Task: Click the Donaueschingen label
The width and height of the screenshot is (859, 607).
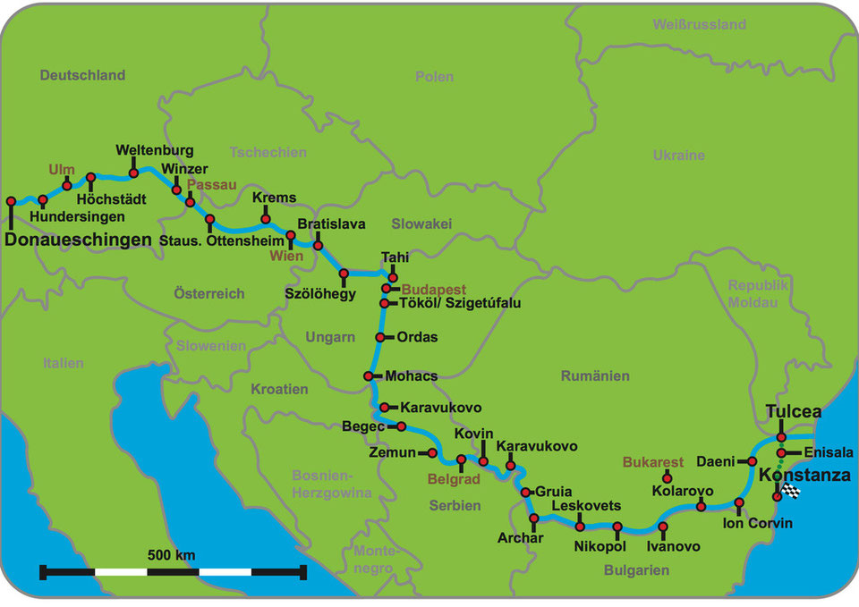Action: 78,240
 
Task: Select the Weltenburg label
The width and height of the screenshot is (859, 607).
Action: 154,150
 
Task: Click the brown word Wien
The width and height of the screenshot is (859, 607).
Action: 287,257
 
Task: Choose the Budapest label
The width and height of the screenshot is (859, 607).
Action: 434,290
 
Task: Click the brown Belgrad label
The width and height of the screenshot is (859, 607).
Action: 454,479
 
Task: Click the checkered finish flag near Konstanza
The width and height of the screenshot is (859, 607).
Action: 791,490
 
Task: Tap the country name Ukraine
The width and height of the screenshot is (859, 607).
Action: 678,155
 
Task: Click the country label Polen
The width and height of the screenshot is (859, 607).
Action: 435,77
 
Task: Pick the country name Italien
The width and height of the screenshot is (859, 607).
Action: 63,363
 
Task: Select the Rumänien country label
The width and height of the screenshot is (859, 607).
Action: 595,376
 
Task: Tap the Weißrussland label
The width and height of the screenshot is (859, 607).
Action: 699,24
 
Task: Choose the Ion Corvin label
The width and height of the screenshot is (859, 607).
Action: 757,523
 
